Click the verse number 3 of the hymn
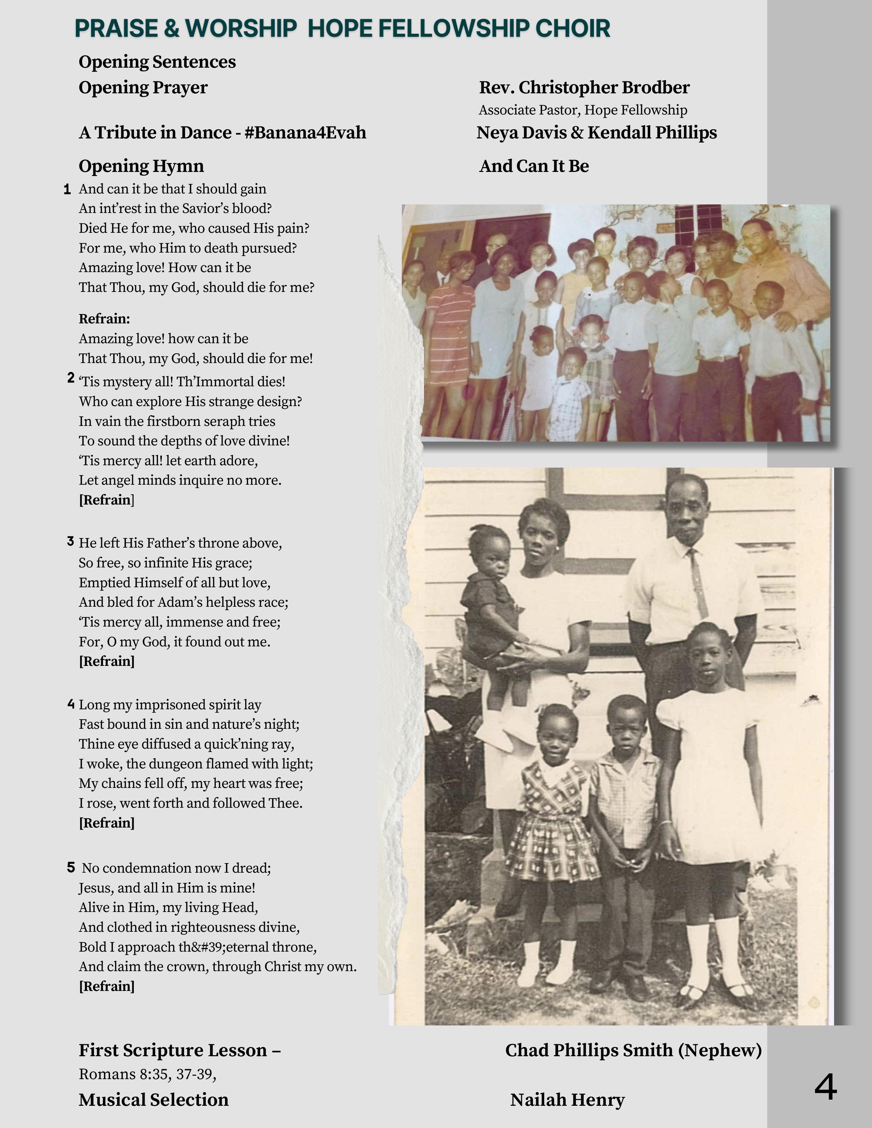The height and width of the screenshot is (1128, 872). (x=70, y=541)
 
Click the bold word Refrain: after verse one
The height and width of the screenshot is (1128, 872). (x=104, y=319)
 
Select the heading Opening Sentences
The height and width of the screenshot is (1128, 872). (x=157, y=62)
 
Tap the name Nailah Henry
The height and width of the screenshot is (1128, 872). (x=567, y=1100)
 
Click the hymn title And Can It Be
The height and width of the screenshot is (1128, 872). (x=534, y=166)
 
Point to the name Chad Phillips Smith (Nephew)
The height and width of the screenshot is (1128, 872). (x=633, y=1050)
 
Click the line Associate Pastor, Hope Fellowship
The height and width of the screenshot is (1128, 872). (x=583, y=110)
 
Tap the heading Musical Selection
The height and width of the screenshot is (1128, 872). (x=154, y=1100)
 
